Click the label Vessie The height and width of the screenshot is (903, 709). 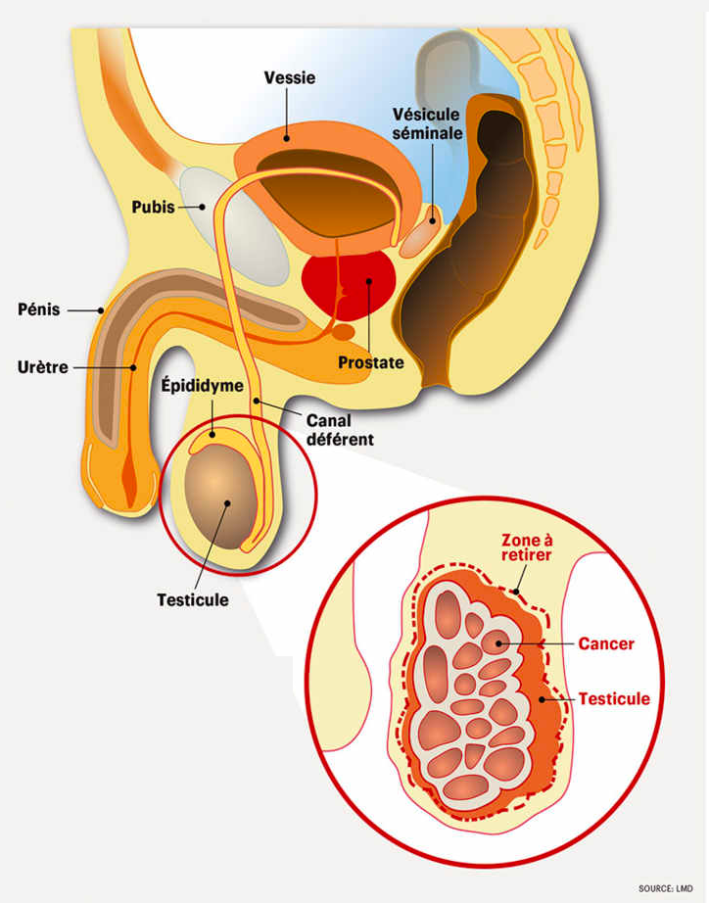pos(289,78)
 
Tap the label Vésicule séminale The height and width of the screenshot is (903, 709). pos(426,123)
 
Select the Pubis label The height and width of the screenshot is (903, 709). pos(155,208)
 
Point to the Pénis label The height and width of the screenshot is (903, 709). pos(39,309)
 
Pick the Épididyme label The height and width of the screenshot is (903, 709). pos(201,386)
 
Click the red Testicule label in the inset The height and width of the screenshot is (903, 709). pos(614,699)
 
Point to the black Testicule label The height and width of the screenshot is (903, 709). pos(193,599)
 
